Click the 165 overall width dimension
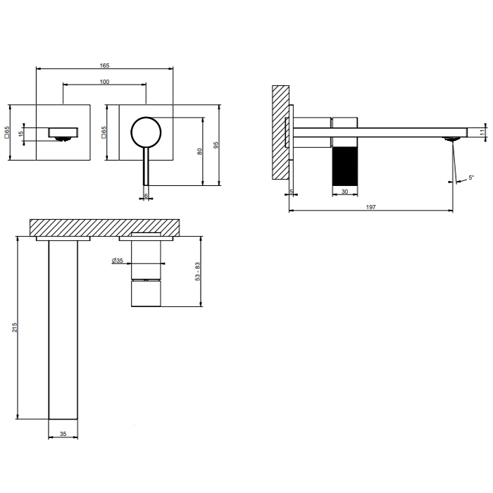[104, 65]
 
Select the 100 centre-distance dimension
[104, 82]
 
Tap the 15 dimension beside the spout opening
[21, 133]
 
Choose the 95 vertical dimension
[216, 144]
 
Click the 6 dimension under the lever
[146, 195]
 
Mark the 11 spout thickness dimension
[482, 132]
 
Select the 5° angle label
[470, 178]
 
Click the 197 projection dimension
[371, 206]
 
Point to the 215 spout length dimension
[15, 328]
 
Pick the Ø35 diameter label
[118, 261]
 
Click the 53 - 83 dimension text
[199, 272]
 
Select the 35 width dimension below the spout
[61, 435]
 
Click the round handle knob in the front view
[146, 132]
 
